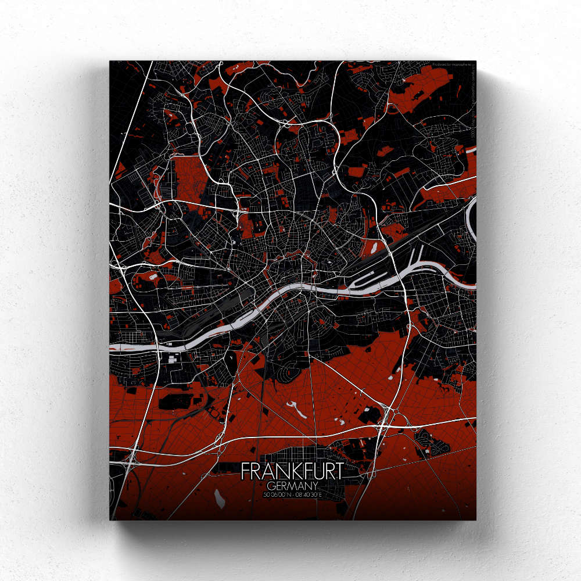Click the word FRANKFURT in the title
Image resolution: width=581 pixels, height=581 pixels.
[x=292, y=471]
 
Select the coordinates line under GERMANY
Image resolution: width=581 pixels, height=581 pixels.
[x=292, y=494]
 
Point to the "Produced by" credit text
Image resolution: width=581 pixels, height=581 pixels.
[x=453, y=65]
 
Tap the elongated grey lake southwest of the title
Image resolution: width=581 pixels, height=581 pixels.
[x=220, y=497]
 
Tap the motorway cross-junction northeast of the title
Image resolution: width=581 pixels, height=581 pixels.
[x=388, y=417]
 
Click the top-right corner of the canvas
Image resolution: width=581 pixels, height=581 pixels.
[x=475, y=61]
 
